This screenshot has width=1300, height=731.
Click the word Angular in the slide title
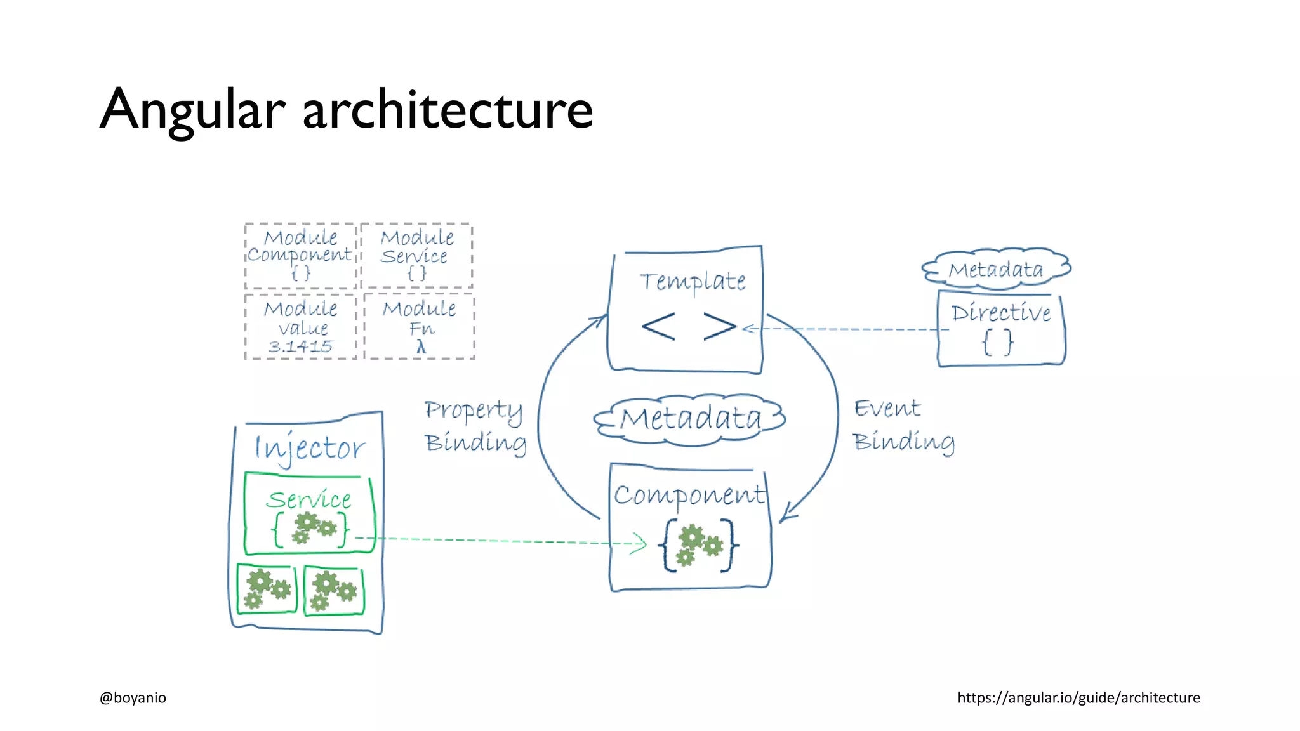coord(192,110)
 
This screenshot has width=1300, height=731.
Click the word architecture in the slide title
coord(448,110)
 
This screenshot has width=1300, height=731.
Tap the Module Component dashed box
coord(300,255)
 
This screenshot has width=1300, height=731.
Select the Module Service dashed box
coord(416,255)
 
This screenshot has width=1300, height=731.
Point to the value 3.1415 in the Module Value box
coord(300,346)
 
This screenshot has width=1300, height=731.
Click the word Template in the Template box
coord(692,281)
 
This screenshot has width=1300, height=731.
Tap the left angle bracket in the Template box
coord(658,327)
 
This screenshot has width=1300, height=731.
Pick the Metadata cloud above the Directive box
coord(996,269)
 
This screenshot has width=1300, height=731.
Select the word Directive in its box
coord(1000,312)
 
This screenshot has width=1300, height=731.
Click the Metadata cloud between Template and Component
coord(690,419)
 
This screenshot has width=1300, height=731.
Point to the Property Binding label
coord(475,426)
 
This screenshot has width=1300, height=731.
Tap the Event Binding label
coord(903,425)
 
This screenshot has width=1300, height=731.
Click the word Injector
coord(309,448)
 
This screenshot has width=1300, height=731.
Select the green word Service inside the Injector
coord(308,499)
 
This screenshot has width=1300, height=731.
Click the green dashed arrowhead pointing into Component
coord(640,543)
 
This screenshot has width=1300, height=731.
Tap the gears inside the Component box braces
coord(698,545)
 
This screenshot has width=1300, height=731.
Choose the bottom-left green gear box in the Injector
coord(267,589)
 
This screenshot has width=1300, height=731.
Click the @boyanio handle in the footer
coord(133,697)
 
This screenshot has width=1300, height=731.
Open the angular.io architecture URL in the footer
coord(1078,697)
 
